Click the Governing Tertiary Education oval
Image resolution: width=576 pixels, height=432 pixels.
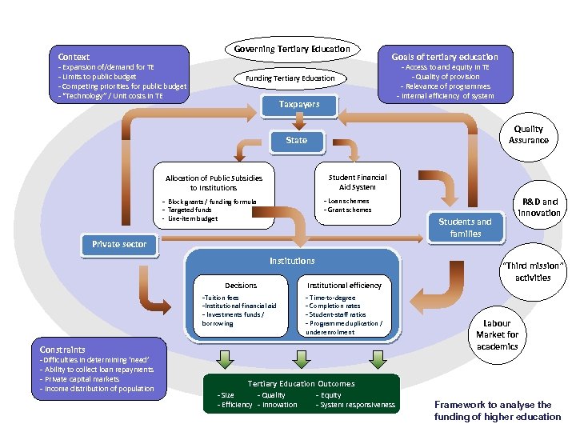pos(292,49)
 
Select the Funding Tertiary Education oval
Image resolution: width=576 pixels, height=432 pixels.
pos(295,78)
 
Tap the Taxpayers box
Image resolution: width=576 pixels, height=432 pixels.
pos(299,104)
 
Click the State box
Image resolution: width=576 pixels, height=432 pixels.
pos(296,140)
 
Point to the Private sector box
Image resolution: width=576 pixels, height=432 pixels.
pos(118,244)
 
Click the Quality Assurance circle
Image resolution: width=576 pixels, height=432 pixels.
pos(528,134)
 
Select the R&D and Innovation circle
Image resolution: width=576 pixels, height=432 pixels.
pos(539,207)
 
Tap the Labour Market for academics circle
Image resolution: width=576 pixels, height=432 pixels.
pos(497,334)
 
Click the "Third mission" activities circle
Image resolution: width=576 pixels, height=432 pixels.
pos(532,271)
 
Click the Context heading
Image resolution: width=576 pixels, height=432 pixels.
pos(74,57)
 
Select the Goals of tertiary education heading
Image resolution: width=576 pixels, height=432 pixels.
pos(444,57)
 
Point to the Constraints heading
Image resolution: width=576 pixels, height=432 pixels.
pos(62,350)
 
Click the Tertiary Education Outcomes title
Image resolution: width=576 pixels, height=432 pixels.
pos(301,384)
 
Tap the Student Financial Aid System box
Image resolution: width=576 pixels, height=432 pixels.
pos(357,182)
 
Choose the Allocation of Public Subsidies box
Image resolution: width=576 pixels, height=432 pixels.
pos(214,182)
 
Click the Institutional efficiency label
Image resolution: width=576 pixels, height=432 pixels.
pos(344,285)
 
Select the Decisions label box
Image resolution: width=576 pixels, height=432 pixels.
pos(241,285)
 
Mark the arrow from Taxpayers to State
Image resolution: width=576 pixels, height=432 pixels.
pos(299,121)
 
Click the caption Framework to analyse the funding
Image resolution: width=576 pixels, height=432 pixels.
pos(498,410)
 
